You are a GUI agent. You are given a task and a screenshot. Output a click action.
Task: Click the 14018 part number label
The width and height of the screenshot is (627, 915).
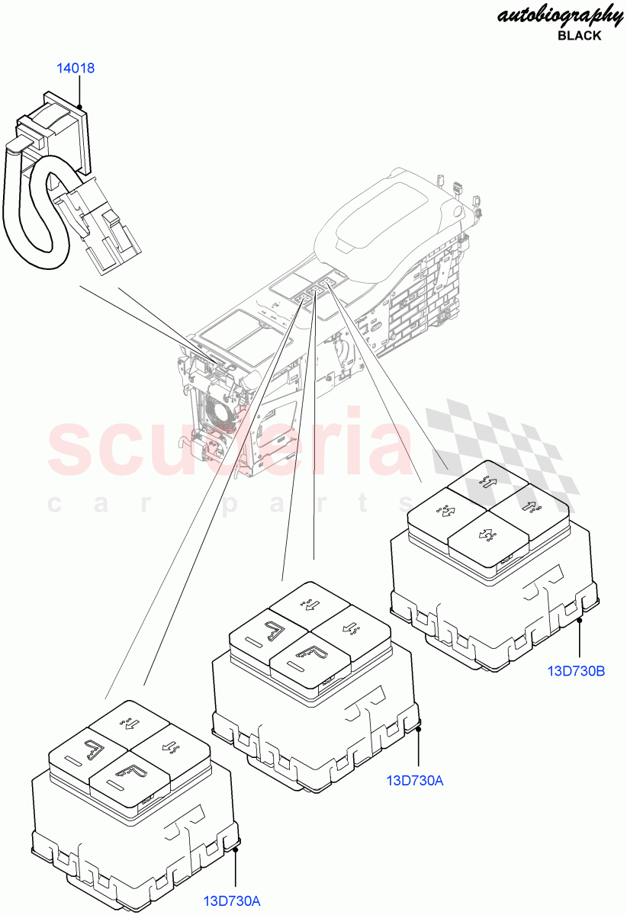coord(76,69)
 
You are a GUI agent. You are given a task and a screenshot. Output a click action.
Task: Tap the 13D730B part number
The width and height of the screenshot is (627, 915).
coord(576,671)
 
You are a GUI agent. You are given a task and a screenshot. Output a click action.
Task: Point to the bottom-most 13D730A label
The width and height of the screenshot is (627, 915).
coord(232,901)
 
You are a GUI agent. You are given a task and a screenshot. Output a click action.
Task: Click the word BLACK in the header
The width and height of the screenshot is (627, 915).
coord(579,36)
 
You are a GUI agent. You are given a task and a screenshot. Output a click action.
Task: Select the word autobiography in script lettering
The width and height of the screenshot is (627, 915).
coord(560,15)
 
